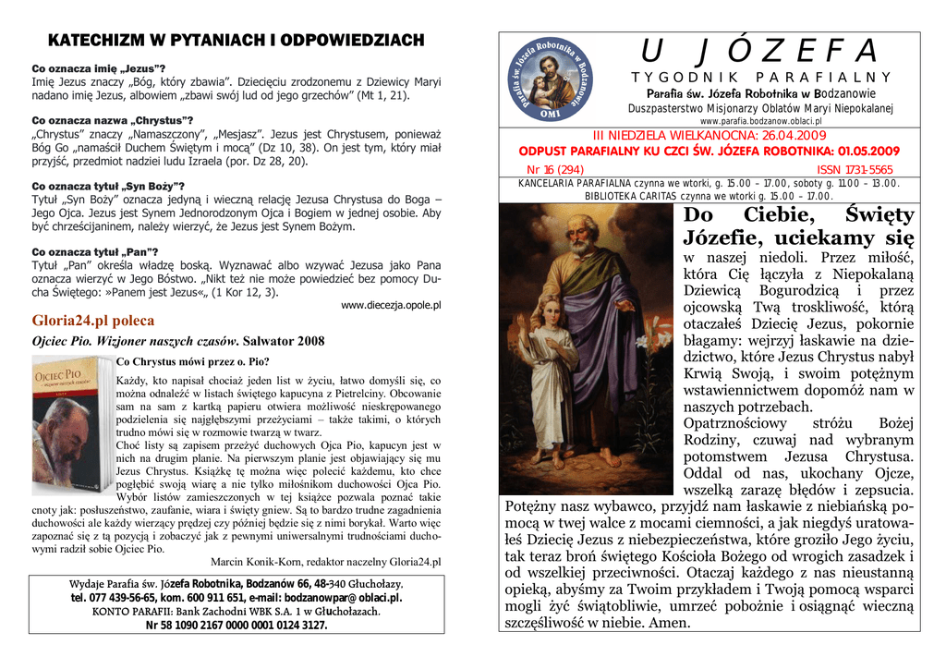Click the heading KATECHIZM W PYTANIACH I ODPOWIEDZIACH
(x=236, y=41)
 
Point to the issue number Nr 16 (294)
(x=555, y=170)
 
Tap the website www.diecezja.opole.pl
(x=391, y=305)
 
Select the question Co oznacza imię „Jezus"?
(x=99, y=69)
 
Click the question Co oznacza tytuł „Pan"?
(x=95, y=251)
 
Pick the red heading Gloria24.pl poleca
(x=93, y=321)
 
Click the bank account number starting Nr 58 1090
(x=236, y=625)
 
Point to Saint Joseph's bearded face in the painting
(x=581, y=237)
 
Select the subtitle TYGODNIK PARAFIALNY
(x=760, y=78)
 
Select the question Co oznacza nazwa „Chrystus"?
(x=113, y=120)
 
